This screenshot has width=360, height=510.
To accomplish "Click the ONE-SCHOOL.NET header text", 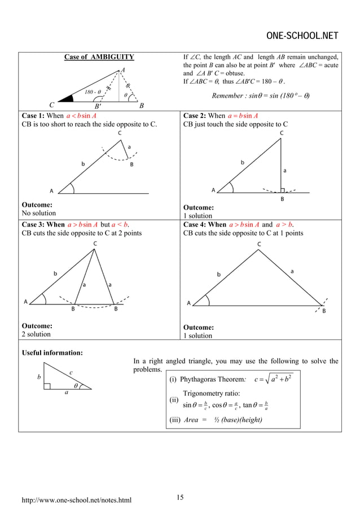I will click(302, 37).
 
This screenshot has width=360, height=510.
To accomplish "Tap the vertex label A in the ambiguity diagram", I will click(123, 69).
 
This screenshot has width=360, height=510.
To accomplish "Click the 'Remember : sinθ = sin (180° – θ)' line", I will click(263, 94).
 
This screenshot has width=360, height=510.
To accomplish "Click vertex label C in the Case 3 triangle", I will click(94, 243).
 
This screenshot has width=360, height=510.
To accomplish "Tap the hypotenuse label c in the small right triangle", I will click(71, 373).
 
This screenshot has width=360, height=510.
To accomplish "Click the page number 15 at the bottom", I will click(180, 497).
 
